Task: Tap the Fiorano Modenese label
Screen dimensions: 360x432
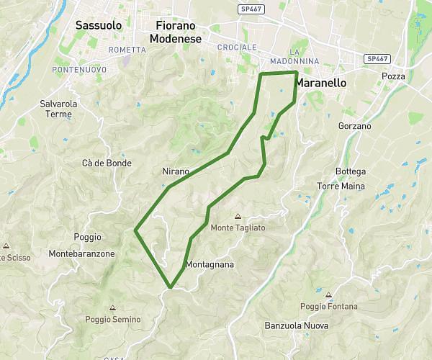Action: (x=174, y=32)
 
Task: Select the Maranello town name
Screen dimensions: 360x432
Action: (x=321, y=83)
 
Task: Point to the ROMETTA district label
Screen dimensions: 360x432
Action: (x=127, y=50)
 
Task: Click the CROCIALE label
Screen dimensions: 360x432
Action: (x=237, y=47)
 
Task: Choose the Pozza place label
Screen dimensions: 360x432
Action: (x=394, y=76)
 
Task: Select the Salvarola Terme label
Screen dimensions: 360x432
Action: (x=59, y=109)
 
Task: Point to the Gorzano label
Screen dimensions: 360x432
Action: (x=354, y=126)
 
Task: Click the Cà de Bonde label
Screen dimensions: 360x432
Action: (x=107, y=163)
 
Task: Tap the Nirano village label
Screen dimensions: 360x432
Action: (x=176, y=171)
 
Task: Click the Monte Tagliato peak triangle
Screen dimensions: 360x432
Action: (x=238, y=216)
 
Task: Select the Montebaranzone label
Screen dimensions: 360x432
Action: (x=81, y=254)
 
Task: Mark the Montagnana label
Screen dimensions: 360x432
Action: (x=210, y=264)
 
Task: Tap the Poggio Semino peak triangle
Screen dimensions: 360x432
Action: (x=112, y=307)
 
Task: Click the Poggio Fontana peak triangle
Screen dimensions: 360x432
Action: (x=328, y=294)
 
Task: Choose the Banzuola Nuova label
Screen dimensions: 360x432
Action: (x=297, y=325)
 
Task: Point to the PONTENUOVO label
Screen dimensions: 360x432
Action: (x=80, y=69)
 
